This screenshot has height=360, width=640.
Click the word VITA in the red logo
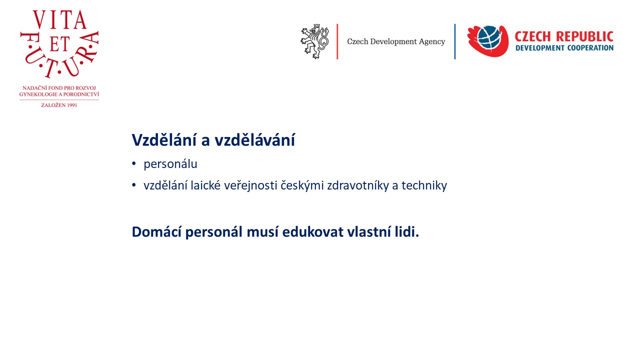(x=59, y=19)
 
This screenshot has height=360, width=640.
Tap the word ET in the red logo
(x=59, y=44)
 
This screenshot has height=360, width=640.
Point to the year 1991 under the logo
(x=71, y=105)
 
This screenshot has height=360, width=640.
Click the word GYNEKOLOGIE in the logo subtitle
(x=36, y=94)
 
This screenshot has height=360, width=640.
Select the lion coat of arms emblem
(x=315, y=41)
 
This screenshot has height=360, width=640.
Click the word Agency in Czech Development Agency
(x=431, y=41)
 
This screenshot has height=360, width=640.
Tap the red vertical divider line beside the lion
(x=337, y=41)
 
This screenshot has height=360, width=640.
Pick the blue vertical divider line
(x=455, y=41)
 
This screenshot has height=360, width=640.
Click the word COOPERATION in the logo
(x=590, y=47)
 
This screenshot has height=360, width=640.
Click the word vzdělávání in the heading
(x=254, y=140)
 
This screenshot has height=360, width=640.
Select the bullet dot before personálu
(x=133, y=163)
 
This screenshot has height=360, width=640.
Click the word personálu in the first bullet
(x=170, y=164)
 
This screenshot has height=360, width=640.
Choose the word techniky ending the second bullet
(x=424, y=186)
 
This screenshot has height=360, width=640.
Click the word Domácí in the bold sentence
(x=156, y=231)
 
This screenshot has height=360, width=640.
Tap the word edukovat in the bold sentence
(x=313, y=231)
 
